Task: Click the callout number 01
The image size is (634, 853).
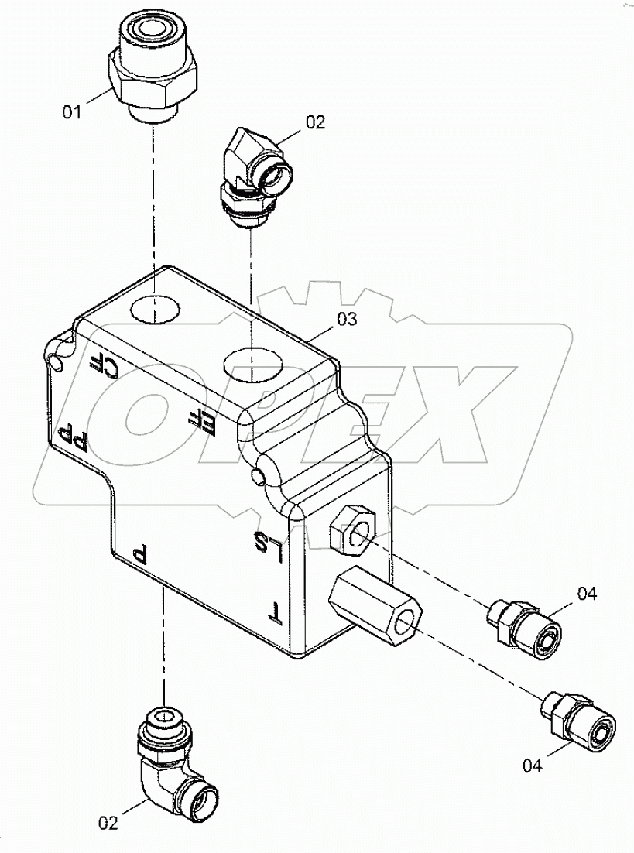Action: [71, 112]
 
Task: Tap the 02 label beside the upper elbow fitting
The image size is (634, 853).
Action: [316, 122]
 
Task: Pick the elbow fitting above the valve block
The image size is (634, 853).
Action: [254, 175]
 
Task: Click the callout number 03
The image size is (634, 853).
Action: [347, 319]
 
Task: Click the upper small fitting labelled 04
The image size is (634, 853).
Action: [523, 627]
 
